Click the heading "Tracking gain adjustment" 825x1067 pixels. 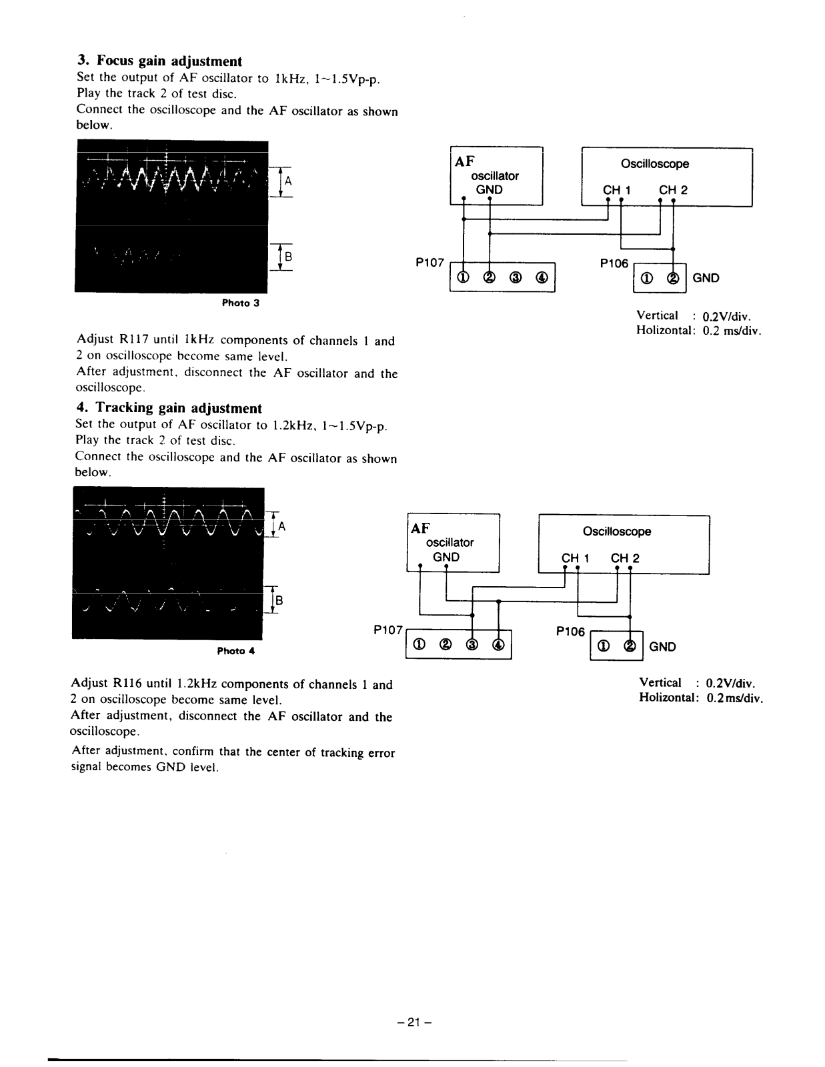click(178, 408)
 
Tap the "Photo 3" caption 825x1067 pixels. click(240, 303)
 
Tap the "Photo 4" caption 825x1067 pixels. click(236, 651)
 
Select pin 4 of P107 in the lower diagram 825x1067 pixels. click(498, 645)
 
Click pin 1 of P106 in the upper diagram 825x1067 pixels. click(646, 279)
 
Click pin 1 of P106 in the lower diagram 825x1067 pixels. click(604, 646)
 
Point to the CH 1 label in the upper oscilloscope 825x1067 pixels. click(616, 190)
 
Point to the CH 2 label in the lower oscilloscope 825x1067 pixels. click(625, 558)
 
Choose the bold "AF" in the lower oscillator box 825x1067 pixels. click(420, 528)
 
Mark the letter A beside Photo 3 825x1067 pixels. click(288, 181)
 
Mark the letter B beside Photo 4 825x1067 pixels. click(279, 600)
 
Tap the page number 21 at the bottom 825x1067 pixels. click(412, 1022)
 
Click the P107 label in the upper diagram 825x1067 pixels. click(430, 263)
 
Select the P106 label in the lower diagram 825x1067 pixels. click(570, 631)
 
